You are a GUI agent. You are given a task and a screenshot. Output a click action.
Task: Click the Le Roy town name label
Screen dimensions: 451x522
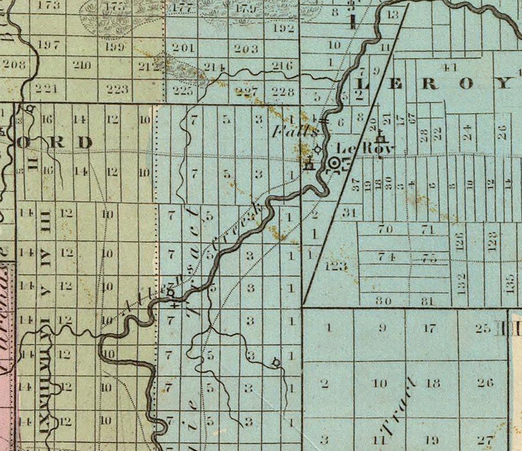tap(365, 149)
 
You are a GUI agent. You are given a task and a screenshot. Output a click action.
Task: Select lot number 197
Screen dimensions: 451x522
tap(49, 45)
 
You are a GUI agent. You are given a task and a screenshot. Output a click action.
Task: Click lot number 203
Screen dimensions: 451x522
tap(246, 49)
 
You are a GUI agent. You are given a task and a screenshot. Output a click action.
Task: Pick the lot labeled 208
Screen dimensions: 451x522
tap(14, 65)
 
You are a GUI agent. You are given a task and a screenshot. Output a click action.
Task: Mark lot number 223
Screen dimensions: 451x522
tap(117, 89)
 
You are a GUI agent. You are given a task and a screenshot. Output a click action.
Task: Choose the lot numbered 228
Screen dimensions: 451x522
tap(283, 92)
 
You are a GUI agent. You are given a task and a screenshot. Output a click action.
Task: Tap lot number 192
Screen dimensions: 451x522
tap(284, 29)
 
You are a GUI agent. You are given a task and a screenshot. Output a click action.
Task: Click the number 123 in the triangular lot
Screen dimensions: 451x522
tap(336, 266)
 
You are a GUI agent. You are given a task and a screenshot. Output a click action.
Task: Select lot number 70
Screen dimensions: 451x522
tap(385, 229)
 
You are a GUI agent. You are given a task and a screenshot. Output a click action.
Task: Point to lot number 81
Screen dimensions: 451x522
tap(427, 301)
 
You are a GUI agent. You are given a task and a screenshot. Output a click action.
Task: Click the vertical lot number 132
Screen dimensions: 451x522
tap(462, 283)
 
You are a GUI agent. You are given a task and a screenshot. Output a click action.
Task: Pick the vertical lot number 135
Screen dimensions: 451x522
tap(510, 282)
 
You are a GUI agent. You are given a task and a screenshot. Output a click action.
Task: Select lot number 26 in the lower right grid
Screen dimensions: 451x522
tap(485, 382)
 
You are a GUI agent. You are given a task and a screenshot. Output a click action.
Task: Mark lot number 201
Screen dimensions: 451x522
tap(184, 48)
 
